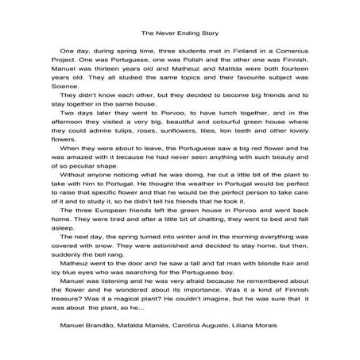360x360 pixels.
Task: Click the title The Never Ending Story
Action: pos(180,34)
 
